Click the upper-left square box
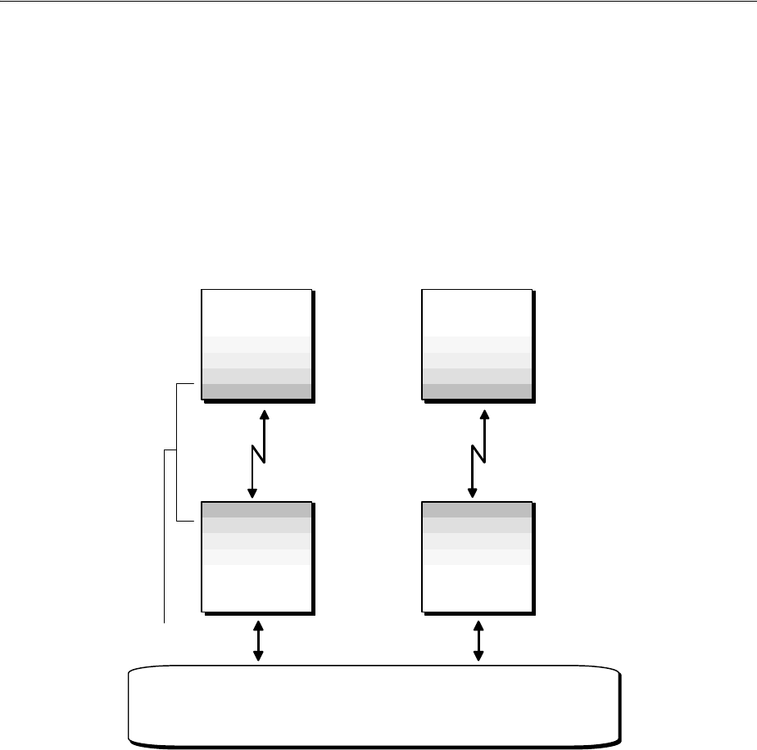[x=256, y=344]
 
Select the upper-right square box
[x=477, y=344]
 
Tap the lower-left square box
[x=256, y=557]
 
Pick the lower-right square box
[x=477, y=557]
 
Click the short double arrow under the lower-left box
[x=259, y=640]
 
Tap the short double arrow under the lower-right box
[x=478, y=640]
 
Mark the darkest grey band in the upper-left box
[x=256, y=391]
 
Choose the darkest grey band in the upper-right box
[x=477, y=391]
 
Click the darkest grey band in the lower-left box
[x=256, y=510]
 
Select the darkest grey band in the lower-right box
[x=477, y=510]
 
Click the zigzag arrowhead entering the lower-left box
[x=252, y=493]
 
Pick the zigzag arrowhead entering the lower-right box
[x=473, y=493]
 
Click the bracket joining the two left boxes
[x=178, y=450]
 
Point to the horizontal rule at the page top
[x=378, y=2]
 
